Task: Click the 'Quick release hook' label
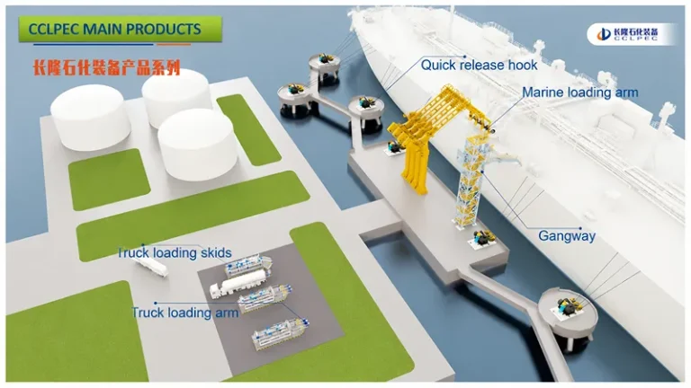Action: (479, 65)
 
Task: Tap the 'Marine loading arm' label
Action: (580, 93)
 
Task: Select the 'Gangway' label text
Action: (567, 236)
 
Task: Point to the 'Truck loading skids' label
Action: (175, 252)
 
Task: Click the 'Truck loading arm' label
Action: (185, 313)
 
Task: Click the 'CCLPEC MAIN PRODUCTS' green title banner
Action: (120, 29)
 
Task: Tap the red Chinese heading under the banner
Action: (107, 67)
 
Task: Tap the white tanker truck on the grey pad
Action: (238, 283)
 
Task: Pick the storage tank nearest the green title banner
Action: (90, 117)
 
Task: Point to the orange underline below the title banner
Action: (174, 44)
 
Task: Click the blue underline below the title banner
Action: (93, 44)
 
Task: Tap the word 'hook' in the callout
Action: (523, 65)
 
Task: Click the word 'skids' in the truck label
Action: (216, 252)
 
